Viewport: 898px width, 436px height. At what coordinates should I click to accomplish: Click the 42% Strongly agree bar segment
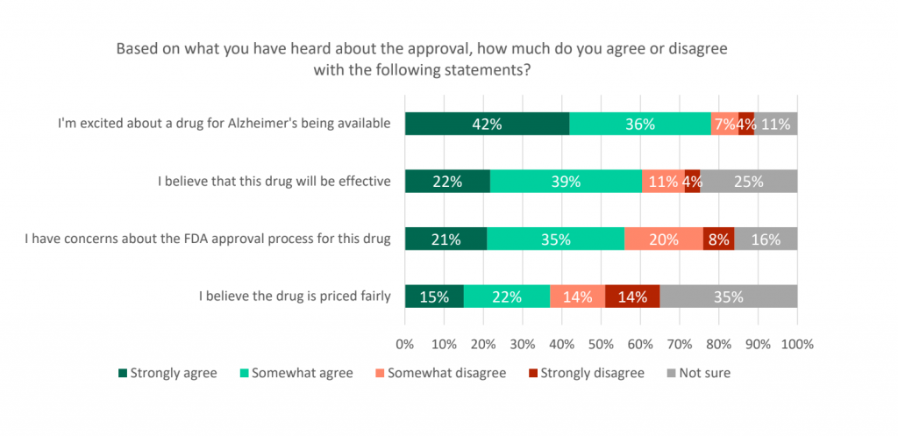click(487, 124)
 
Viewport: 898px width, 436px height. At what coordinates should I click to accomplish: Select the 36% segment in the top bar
click(640, 124)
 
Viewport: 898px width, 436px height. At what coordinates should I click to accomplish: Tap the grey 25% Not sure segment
click(749, 182)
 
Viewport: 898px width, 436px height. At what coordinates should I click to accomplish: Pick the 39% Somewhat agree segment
click(566, 182)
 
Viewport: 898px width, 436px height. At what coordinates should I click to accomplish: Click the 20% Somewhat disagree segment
click(663, 239)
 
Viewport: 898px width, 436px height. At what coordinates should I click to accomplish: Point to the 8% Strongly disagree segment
click(718, 239)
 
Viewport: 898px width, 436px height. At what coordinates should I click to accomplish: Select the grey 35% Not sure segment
click(729, 297)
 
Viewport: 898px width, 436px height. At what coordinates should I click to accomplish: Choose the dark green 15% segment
click(434, 297)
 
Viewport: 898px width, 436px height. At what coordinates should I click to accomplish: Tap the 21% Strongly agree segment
click(445, 239)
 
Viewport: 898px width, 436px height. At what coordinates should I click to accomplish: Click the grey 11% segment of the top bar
click(776, 124)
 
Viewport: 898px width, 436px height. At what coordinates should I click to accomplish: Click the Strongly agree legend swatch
click(123, 374)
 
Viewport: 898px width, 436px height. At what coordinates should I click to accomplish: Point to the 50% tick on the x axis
click(602, 341)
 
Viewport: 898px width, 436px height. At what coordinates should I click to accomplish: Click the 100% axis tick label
click(797, 341)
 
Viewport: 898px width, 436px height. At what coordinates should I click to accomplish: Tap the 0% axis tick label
click(405, 341)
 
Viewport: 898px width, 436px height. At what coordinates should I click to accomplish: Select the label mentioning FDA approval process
click(207, 238)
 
